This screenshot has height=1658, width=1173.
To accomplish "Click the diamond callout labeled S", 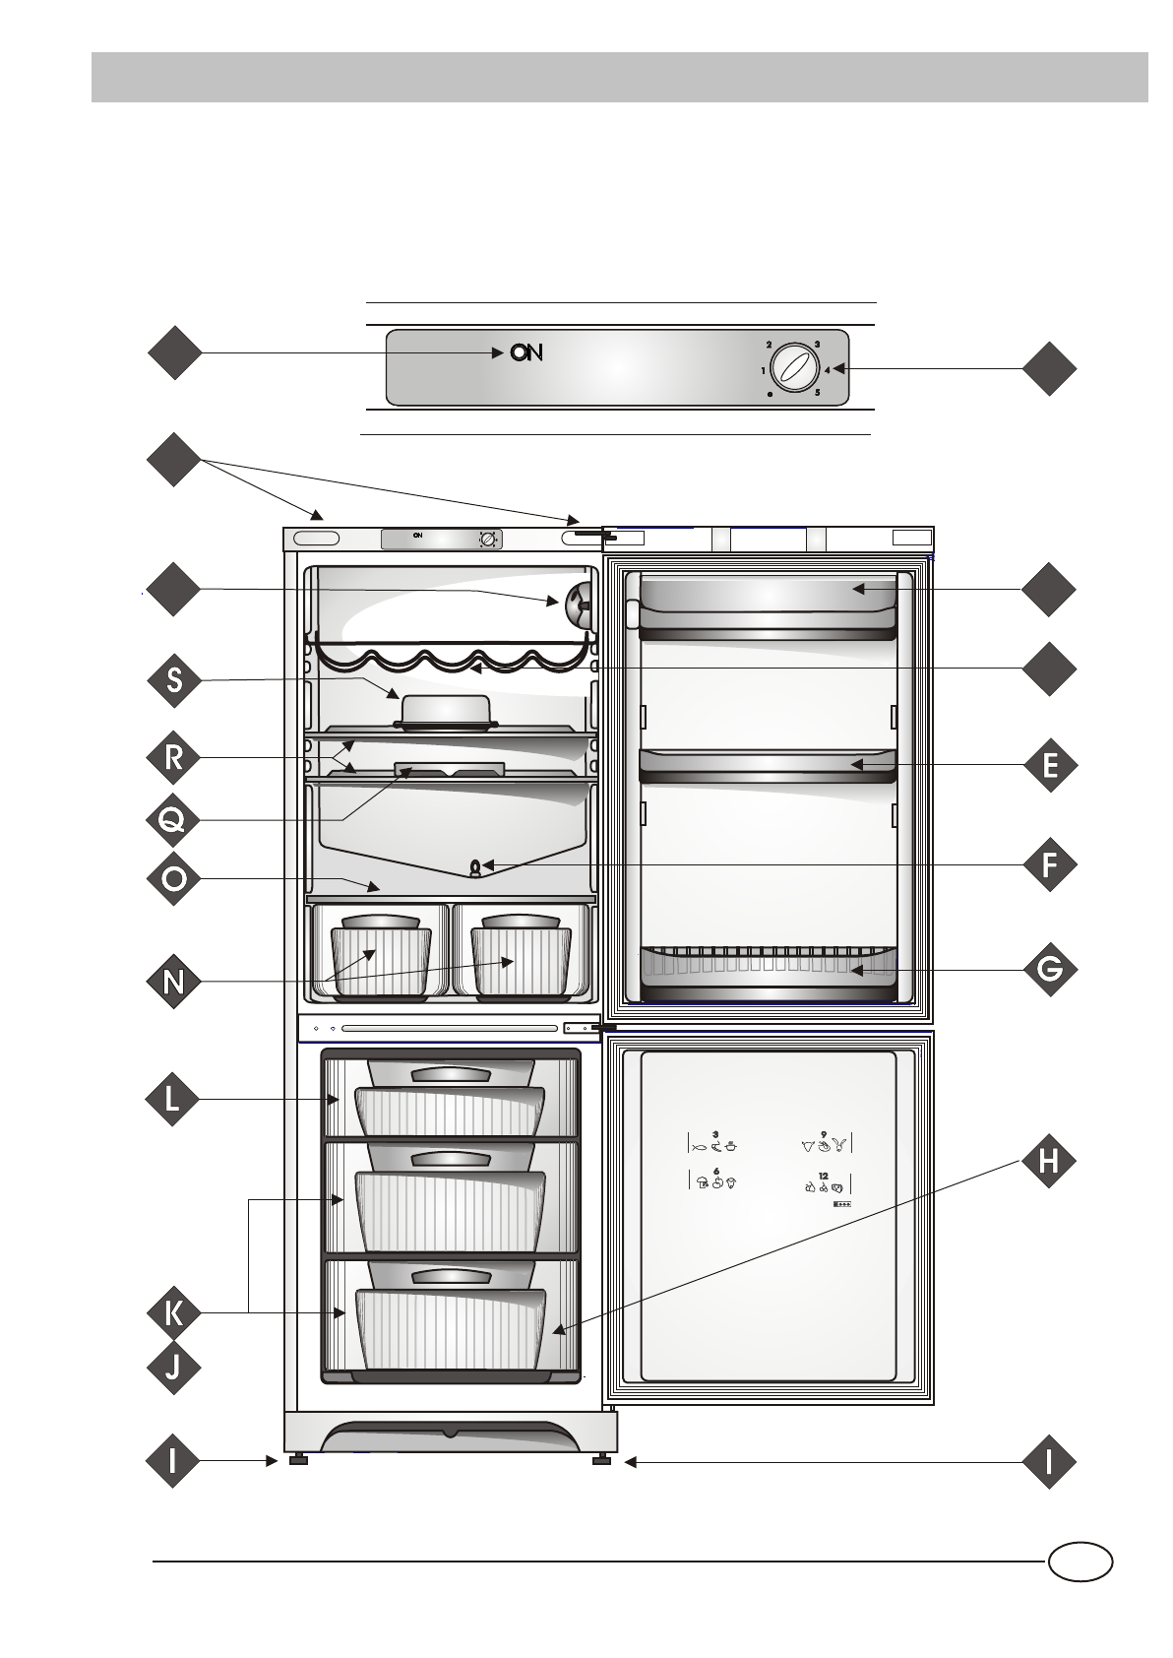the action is (x=174, y=680).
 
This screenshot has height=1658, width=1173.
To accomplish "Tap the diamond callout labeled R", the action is (x=174, y=758).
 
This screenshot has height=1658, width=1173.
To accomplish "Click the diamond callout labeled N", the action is (x=174, y=981).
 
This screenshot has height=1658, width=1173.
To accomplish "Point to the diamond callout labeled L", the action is (x=174, y=1099).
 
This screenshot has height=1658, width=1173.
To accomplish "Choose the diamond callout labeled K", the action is (x=174, y=1312).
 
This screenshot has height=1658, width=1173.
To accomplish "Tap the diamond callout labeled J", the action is (x=174, y=1368).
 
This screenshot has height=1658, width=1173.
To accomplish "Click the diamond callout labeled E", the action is (x=1050, y=765).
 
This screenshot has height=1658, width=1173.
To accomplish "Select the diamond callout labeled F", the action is (x=1050, y=865).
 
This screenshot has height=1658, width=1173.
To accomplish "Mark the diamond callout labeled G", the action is (x=1050, y=969).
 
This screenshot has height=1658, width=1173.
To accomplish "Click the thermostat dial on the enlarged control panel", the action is (x=793, y=369).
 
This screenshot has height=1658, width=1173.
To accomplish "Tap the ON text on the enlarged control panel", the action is (x=526, y=352).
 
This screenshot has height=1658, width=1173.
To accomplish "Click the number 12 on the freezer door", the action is (x=823, y=1176).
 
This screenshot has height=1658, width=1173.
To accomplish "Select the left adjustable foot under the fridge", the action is (x=297, y=1461).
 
